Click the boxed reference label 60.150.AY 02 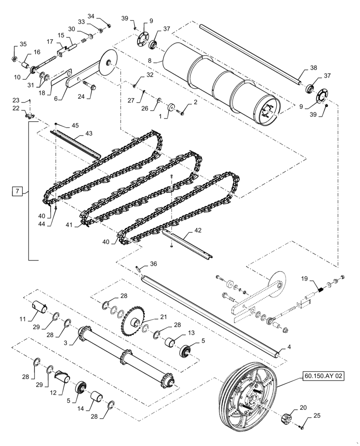click(x=324, y=376)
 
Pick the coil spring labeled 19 click(x=319, y=291)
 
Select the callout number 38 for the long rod click(x=314, y=68)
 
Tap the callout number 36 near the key click(x=153, y=264)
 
